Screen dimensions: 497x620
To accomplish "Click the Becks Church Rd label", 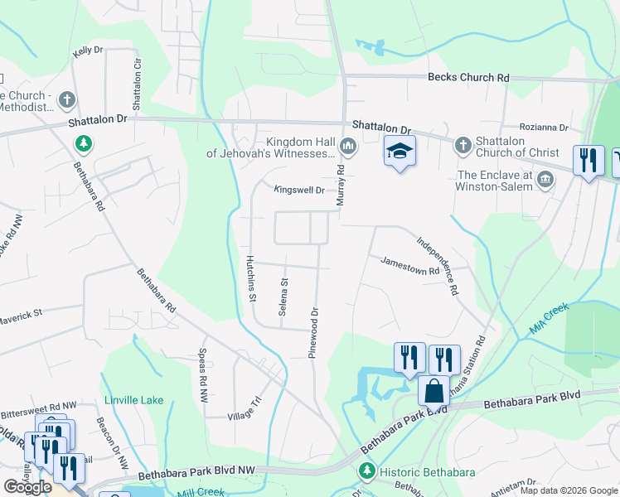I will coord(467,77).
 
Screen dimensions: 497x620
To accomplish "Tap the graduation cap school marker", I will coord(400,152).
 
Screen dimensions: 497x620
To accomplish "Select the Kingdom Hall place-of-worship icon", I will coord(347,147).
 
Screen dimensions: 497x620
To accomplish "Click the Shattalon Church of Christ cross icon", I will coord(463,146).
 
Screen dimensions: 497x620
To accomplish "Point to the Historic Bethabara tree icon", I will coord(366,471).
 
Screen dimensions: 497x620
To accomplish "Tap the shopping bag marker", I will coord(434,389).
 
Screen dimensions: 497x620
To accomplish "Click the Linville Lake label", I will coord(134,401).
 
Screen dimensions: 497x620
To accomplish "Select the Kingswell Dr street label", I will coord(299,190).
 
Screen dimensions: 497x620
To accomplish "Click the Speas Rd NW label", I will coord(201,374).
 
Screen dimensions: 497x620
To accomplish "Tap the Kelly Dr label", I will coord(87,51).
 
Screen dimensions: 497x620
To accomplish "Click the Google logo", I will coord(27,487).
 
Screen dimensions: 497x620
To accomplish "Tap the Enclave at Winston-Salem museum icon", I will coord(546,179).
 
